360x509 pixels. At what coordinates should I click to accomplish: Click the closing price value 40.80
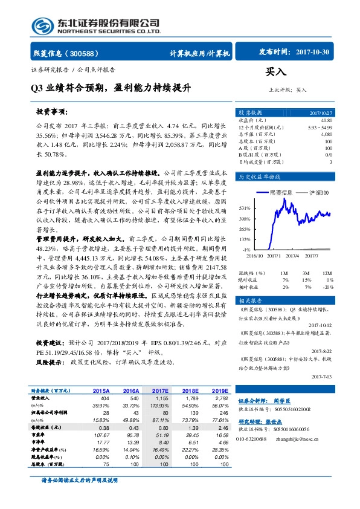click(x=326, y=121)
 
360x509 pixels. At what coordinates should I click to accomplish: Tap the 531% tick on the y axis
click(x=244, y=207)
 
